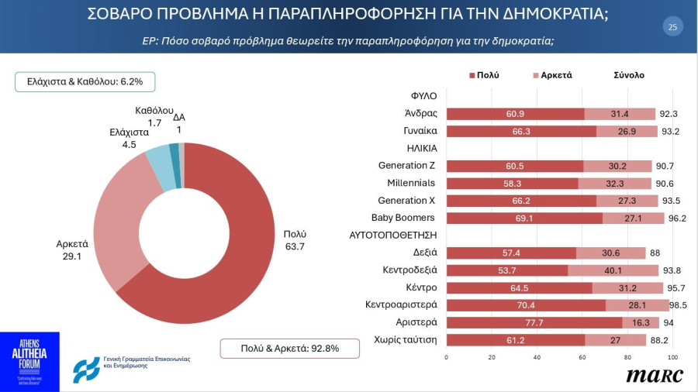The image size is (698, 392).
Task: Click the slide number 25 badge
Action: tap(672, 27)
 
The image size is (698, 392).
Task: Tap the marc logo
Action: tap(655, 375)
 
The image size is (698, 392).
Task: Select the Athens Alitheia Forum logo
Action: tap(29, 362)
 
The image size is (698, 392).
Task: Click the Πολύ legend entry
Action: tap(484, 75)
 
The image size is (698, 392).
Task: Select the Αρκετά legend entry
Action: tap(552, 75)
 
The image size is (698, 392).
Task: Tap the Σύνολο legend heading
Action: tap(628, 75)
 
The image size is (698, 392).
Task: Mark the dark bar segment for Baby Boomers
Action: tap(525, 218)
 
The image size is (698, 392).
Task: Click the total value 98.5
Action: tap(679, 305)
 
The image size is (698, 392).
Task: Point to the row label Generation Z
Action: tap(406, 166)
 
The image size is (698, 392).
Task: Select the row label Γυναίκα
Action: tap(420, 131)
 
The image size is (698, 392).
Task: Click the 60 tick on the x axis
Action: tap(582, 358)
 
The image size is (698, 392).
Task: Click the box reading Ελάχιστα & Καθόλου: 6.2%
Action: tap(85, 81)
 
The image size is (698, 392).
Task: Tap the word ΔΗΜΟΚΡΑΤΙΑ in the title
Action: tap(549, 13)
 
